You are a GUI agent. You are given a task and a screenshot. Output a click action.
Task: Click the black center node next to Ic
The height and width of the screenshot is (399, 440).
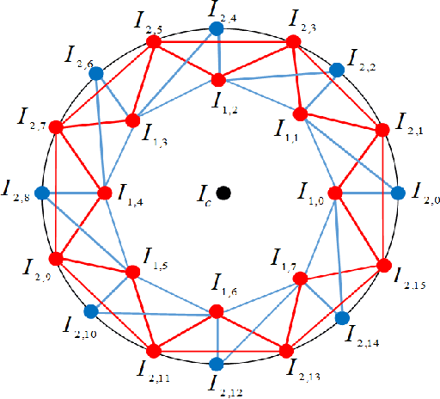click(223, 193)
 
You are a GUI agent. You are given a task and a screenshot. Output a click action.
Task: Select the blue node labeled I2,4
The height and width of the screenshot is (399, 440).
click(217, 29)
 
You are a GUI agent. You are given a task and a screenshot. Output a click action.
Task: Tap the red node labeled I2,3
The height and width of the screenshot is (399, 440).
click(293, 42)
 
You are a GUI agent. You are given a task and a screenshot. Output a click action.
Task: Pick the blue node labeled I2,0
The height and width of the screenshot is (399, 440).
click(398, 193)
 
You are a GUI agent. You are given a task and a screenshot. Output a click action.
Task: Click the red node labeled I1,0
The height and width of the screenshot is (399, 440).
click(335, 193)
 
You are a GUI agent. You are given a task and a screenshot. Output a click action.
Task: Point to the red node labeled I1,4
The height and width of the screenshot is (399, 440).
click(106, 193)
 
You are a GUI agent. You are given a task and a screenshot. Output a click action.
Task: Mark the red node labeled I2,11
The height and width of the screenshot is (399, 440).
click(154, 350)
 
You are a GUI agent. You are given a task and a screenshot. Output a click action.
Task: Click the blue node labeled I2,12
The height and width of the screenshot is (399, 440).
click(217, 362)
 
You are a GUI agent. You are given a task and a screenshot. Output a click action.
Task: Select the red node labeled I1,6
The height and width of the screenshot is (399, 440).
click(217, 312)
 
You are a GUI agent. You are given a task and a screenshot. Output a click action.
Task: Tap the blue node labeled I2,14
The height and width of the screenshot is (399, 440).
click(342, 319)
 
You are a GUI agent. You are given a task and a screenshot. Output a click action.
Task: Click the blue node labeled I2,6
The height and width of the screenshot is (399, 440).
click(96, 73)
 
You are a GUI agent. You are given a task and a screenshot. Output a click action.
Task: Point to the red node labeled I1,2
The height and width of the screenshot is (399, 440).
click(217, 80)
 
